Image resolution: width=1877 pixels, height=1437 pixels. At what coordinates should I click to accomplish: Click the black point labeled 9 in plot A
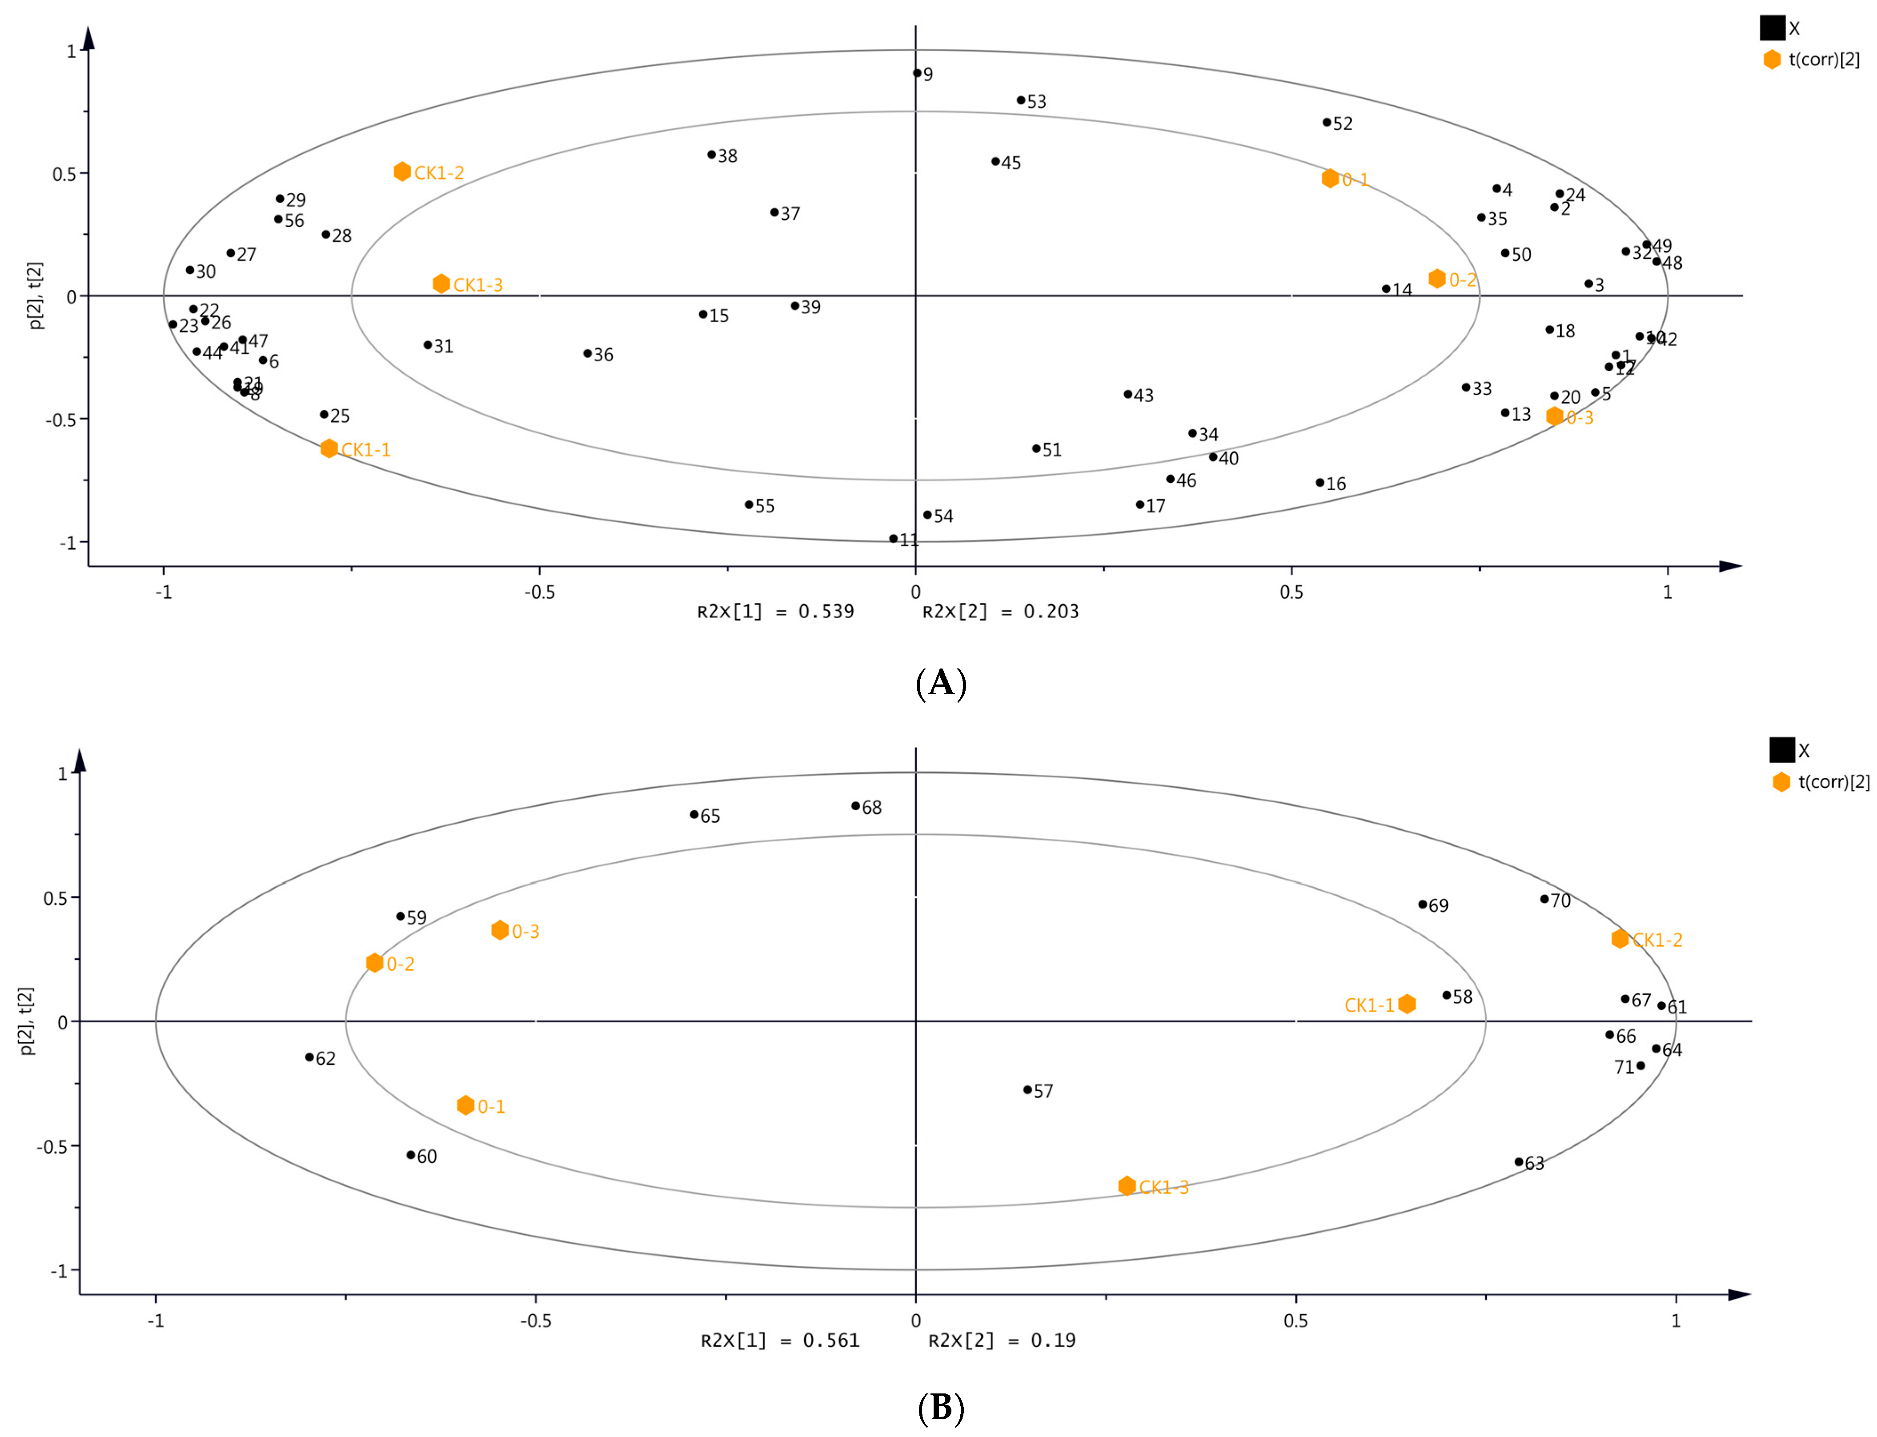[917, 73]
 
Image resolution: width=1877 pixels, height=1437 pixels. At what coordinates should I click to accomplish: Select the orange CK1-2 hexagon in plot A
[402, 172]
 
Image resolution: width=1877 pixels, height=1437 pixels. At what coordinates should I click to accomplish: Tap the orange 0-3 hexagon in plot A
[1555, 416]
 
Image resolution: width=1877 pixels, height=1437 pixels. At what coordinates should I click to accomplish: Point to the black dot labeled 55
[749, 504]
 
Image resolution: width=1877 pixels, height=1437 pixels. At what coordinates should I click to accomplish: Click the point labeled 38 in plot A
[711, 155]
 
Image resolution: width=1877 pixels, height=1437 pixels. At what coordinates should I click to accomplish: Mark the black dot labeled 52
[1327, 122]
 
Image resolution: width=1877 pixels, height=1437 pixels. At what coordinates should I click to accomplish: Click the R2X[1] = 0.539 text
[775, 612]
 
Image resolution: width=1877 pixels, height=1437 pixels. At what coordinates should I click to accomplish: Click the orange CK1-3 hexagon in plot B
[1127, 1185]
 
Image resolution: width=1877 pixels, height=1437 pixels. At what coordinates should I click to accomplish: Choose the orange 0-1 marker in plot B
[465, 1105]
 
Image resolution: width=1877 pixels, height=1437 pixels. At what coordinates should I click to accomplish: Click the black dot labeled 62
[310, 1057]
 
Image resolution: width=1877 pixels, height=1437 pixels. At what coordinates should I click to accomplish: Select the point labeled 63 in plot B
[1519, 1161]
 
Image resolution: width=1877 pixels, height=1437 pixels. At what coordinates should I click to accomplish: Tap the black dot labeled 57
[1027, 1090]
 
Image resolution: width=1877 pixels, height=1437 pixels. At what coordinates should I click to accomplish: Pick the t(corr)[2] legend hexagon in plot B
[1781, 782]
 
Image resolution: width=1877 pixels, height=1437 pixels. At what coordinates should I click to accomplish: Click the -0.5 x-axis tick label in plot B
[536, 1321]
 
